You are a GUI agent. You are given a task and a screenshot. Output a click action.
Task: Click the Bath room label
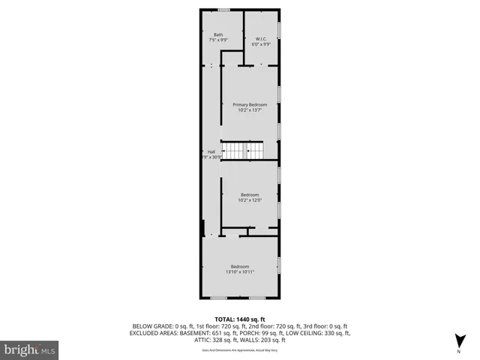click(x=218, y=34)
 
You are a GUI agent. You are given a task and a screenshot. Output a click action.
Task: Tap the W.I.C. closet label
click(x=261, y=39)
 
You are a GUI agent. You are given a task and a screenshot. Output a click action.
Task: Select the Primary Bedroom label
click(x=249, y=105)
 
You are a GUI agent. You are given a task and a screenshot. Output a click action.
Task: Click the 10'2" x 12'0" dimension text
click(x=249, y=200)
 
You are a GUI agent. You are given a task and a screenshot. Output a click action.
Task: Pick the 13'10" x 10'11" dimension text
click(x=240, y=272)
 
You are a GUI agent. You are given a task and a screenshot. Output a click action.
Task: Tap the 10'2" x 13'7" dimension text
click(x=249, y=110)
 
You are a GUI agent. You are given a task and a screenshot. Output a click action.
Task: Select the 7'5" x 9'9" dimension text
click(x=218, y=40)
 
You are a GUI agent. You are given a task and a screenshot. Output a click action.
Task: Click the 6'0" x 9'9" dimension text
click(x=261, y=44)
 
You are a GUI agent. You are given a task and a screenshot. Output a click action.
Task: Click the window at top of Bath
click(x=223, y=10)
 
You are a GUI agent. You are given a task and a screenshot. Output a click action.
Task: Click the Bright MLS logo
click(x=30, y=349)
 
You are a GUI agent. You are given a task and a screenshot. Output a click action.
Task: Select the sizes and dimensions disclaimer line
click(x=240, y=349)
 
